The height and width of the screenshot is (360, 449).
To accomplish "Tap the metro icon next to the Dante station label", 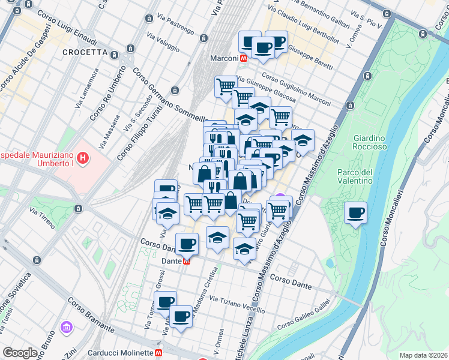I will click(187, 261).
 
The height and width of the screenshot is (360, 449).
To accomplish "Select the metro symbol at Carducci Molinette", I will click(160, 353).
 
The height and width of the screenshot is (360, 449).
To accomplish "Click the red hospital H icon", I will click(83, 159).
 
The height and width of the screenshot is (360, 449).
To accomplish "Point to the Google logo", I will click(20, 353).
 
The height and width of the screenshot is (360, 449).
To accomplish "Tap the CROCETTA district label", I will click(85, 52).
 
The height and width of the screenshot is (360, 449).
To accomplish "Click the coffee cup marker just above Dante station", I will click(187, 243).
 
